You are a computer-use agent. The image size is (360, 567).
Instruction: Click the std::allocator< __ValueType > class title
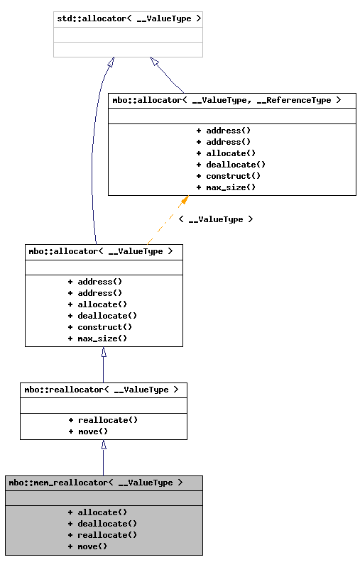[128, 18]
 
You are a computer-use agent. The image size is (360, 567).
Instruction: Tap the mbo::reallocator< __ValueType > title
[103, 390]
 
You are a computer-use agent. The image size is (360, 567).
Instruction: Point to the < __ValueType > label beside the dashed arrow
[215, 219]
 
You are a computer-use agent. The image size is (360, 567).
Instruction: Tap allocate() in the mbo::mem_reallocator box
[97, 512]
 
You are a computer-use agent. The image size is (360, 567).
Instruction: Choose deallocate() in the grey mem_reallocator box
[102, 524]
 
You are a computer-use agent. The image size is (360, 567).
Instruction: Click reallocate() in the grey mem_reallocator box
[102, 535]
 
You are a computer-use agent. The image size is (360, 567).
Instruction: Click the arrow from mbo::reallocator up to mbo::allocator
[104, 365]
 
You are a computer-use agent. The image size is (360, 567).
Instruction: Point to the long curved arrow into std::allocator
[93, 156]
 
